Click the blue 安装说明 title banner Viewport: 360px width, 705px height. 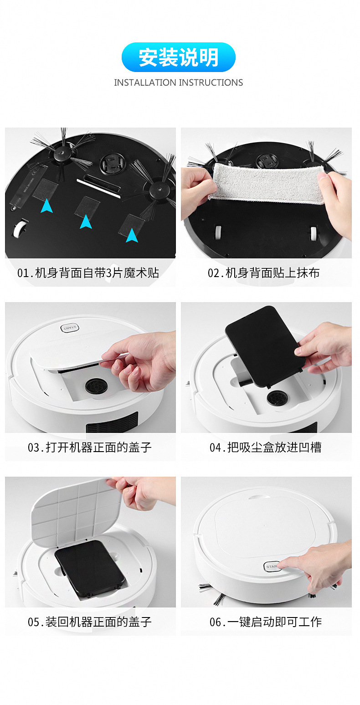pos(179,57)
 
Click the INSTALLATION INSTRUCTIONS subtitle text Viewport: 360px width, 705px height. pos(179,82)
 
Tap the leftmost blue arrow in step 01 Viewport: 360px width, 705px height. pos(46,206)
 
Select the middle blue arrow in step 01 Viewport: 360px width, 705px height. pos(86,221)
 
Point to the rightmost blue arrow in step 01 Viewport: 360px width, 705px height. pos(132,235)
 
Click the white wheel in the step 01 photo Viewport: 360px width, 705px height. pos(19,228)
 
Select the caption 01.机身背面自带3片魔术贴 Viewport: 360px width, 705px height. pos(88,273)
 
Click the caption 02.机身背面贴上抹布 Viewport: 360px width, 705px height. pos(264,273)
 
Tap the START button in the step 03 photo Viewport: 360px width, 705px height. pos(70,328)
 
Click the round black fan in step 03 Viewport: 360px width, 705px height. pos(96,386)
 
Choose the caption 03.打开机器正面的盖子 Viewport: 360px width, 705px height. pos(90,447)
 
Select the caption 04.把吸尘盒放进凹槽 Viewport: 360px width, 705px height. pos(265,447)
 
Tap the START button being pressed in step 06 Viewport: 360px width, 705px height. pos(272,566)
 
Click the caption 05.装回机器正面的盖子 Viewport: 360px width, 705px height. pos(90,622)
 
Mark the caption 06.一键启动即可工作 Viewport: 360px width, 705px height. pos(265,622)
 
